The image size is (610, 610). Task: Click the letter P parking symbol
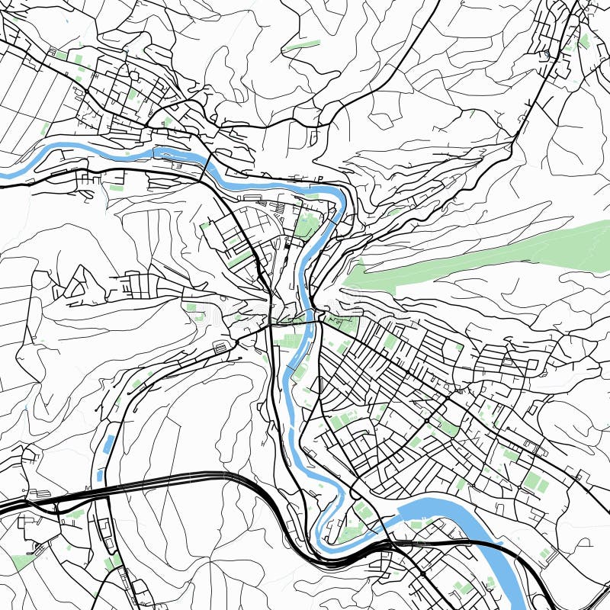319,179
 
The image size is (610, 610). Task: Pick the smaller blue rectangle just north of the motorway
100,474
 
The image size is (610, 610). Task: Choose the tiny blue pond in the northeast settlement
547,54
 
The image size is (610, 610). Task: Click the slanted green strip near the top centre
302,45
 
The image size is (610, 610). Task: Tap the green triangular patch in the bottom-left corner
23,562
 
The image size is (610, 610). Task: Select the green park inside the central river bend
307,226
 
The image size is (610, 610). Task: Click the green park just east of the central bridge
345,325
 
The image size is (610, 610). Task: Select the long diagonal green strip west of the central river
242,257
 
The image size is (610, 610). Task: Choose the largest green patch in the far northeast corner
585,40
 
